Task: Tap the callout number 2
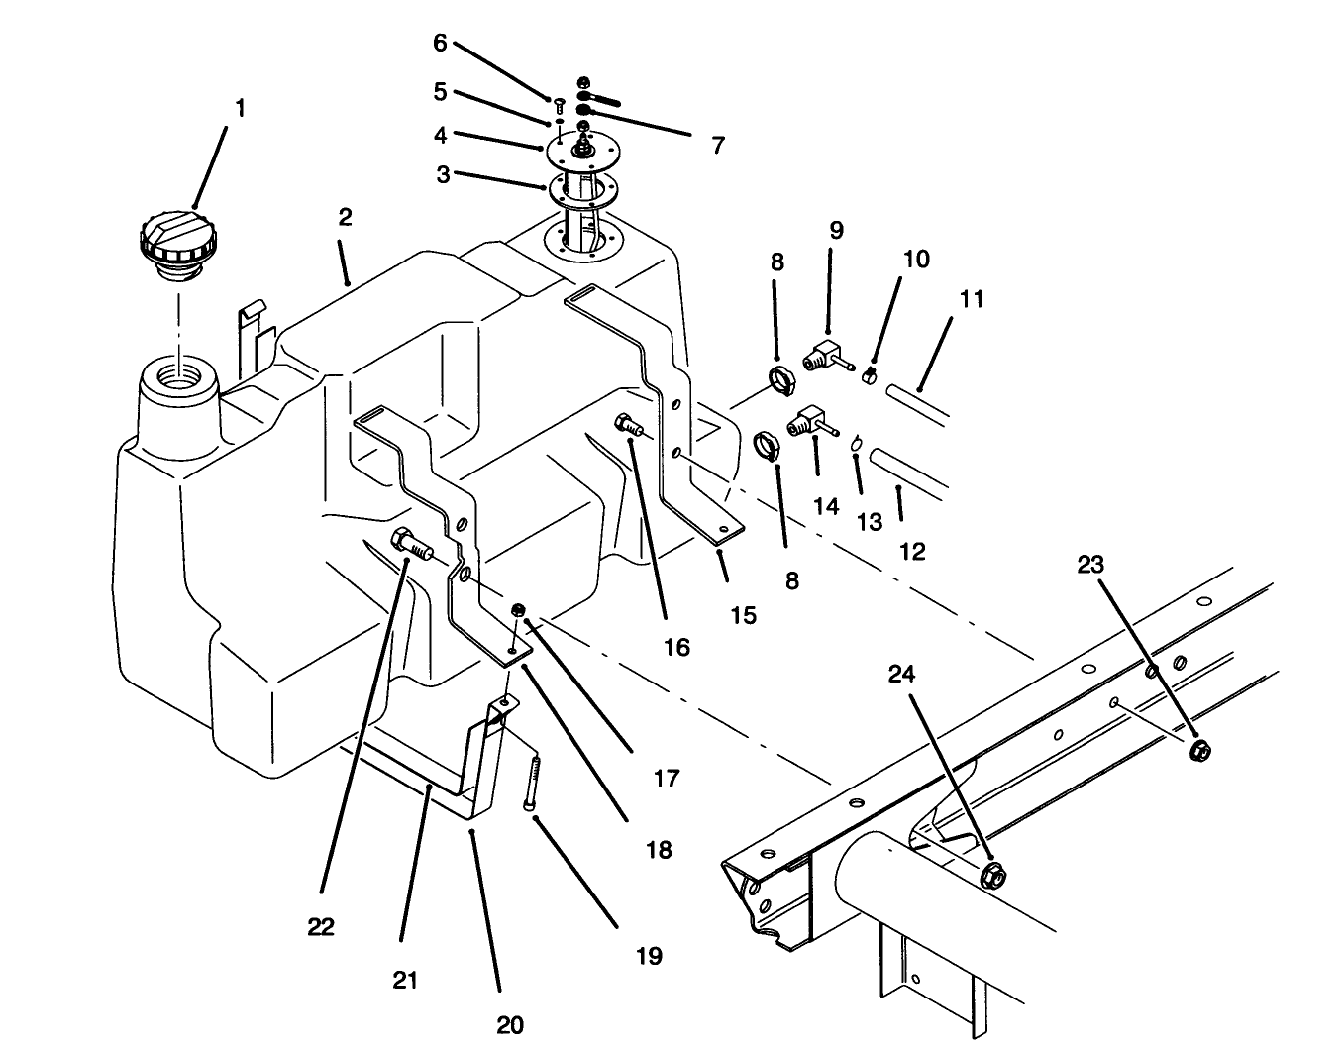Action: tap(345, 217)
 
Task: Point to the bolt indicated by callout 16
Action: tap(629, 427)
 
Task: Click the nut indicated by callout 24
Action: tap(992, 876)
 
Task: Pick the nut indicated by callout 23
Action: tap(1200, 750)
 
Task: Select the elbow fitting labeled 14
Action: tap(804, 423)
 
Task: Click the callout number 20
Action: tap(510, 1024)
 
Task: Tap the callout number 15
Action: tap(743, 615)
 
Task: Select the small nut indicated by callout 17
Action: tap(517, 609)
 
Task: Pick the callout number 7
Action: tap(717, 146)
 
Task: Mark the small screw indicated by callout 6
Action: tap(559, 104)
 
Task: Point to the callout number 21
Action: tap(405, 980)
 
